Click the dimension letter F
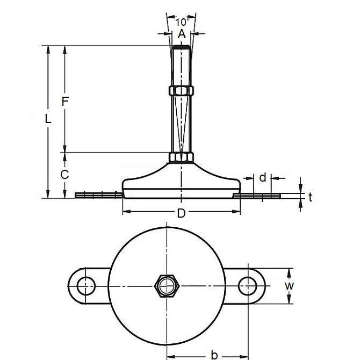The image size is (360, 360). pos(66,100)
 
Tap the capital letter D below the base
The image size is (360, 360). pos(181,213)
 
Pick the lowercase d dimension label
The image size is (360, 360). pos(263,177)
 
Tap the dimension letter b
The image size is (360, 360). pos(214,355)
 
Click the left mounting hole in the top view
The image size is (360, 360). pos(84,285)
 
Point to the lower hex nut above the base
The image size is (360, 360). pos(181,157)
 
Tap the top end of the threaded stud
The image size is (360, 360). pos(181,48)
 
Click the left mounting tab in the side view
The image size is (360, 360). pos(97,195)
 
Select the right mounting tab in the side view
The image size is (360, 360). pos(257,196)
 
